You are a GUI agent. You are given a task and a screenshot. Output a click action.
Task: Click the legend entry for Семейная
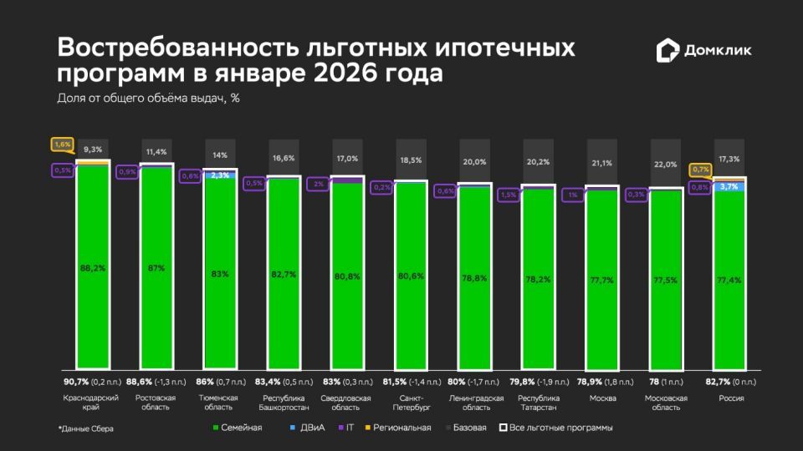238,428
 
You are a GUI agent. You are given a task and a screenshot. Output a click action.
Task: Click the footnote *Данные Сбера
85,428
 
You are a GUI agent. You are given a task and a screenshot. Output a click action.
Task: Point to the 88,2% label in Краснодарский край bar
92,268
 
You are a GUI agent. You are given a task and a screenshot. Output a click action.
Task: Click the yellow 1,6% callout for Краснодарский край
63,144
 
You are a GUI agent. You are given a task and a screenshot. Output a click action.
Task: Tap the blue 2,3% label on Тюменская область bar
220,175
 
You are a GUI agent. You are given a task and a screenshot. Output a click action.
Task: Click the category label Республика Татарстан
539,403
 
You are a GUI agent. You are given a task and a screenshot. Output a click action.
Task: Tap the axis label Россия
731,398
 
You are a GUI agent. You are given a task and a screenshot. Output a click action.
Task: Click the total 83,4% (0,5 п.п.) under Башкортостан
284,383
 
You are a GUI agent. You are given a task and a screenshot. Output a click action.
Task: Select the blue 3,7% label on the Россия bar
729,187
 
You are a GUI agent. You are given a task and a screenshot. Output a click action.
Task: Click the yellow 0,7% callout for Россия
700,170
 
